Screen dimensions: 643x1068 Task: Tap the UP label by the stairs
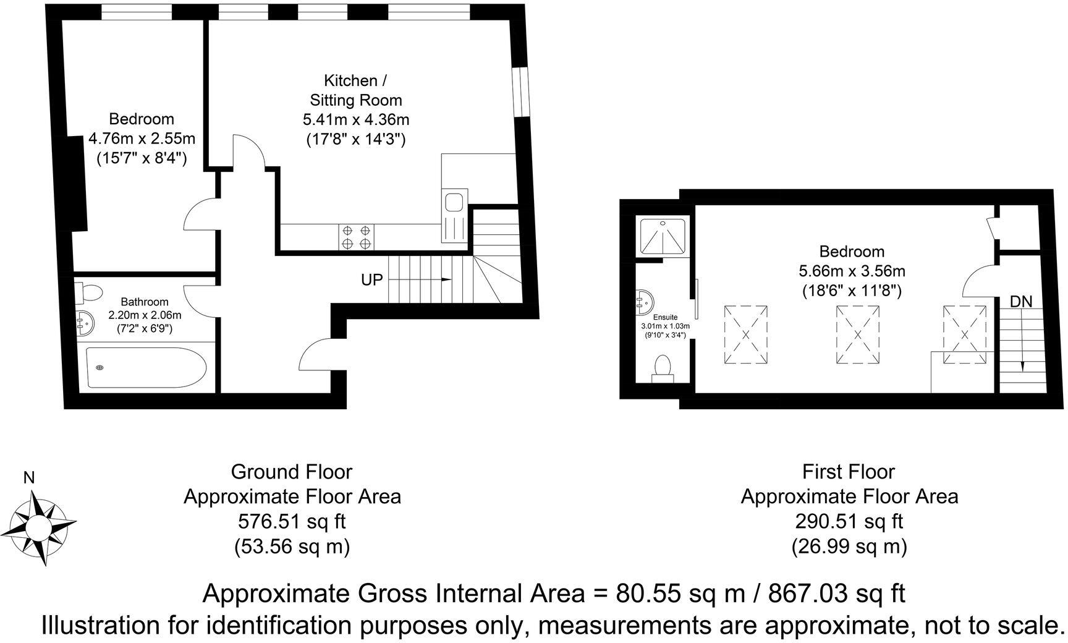[372, 279]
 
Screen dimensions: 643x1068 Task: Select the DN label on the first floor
[1021, 302]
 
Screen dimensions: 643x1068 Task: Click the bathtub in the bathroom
[146, 368]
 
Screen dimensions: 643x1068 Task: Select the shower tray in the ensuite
[662, 236]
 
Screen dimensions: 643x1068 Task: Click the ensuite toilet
[663, 368]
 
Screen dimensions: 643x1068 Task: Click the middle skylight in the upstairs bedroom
[858, 334]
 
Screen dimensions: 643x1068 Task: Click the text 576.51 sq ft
[292, 521]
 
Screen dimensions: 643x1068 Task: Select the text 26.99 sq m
[849, 546]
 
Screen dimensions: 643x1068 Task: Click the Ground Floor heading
[292, 472]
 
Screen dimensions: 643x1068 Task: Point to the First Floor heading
[849, 472]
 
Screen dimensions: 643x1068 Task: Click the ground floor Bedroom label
[142, 119]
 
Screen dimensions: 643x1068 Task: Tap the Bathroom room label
[145, 302]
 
